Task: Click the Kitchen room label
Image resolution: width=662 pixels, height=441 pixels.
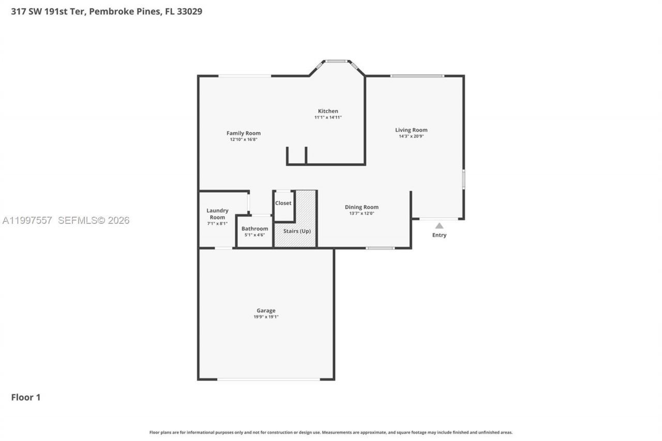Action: point(328,111)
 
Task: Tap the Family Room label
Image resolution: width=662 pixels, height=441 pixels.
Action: point(244,133)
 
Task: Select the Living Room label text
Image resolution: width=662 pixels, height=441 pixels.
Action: point(411,130)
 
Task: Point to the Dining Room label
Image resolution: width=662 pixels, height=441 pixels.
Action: point(362,207)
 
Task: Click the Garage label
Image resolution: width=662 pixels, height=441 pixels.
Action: point(266,311)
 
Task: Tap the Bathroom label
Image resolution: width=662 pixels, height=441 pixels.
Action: point(254,229)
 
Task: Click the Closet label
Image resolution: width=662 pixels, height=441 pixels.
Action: point(283,203)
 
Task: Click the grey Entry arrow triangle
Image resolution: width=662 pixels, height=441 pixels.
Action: point(439,225)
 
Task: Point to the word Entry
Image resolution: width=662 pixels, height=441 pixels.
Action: point(439,235)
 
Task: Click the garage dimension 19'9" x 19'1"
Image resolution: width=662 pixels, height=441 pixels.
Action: point(266,317)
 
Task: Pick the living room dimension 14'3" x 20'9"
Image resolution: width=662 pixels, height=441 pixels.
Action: point(411,136)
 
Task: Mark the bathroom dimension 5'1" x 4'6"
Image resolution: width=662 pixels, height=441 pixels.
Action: point(254,235)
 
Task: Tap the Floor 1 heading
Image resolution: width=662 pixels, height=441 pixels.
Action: point(26,397)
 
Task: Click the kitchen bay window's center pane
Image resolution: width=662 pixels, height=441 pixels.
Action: point(337,61)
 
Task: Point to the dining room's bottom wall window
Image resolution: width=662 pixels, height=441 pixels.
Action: point(380,248)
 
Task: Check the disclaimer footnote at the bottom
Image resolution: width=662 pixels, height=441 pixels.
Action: point(331,432)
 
